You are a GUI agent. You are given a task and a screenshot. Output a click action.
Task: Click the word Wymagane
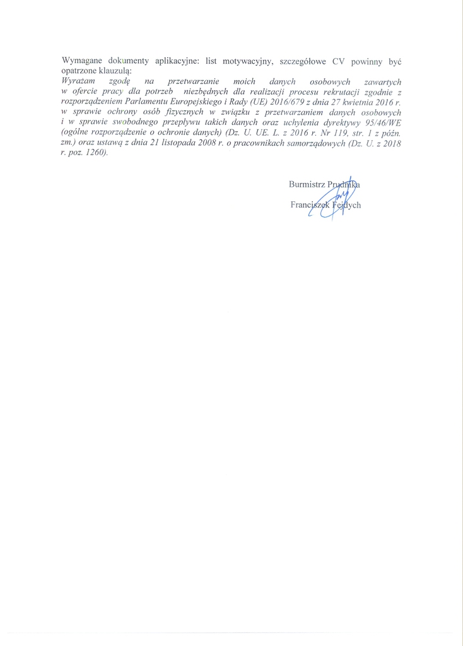pos(81,61)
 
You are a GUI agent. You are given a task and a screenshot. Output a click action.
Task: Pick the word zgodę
pos(119,81)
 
